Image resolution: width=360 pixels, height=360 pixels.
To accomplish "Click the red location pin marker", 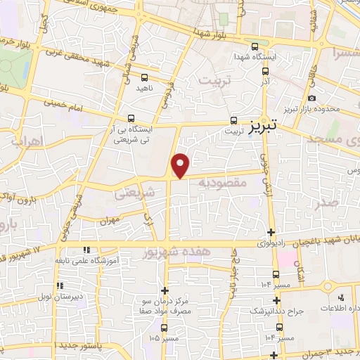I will click(181, 165).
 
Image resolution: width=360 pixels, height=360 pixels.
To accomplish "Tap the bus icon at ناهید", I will click(144, 77).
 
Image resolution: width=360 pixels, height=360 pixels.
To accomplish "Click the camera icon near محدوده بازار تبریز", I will click(311, 100).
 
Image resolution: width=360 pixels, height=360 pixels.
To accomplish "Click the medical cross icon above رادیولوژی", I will click(271, 232).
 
